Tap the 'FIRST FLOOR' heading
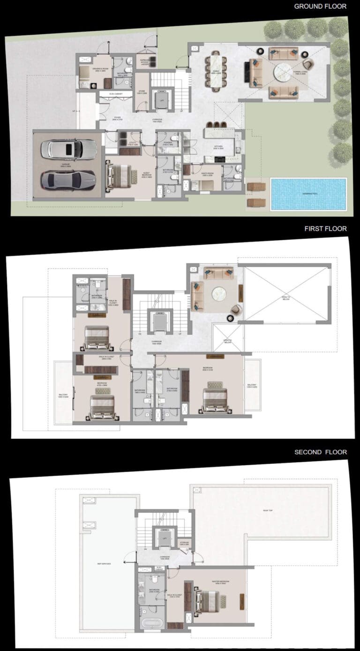coord(325,229)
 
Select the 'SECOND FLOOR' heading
coord(321,452)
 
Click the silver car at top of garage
coord(69,150)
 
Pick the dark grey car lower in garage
coord(68,179)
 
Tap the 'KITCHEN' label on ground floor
coord(218,147)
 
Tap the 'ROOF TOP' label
coord(268,510)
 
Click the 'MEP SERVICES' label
coord(104,563)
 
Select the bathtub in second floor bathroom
coord(151,624)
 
